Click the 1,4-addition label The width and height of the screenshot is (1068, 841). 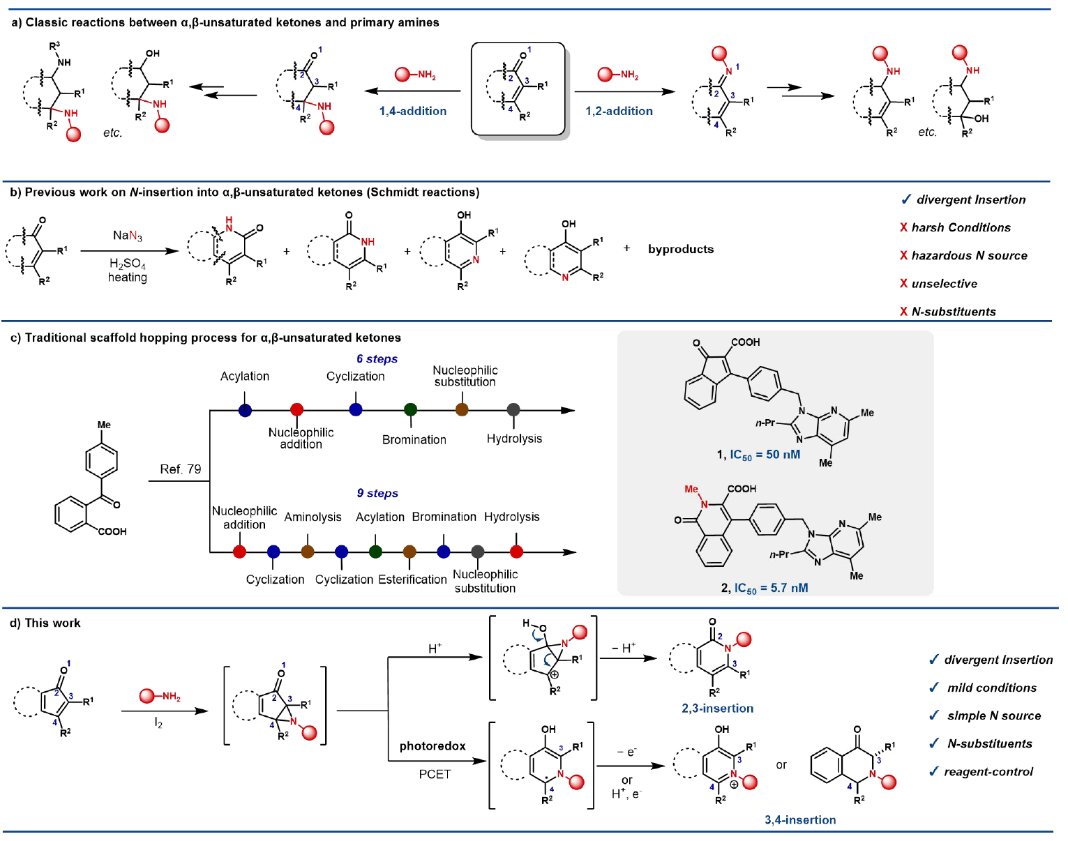(x=413, y=111)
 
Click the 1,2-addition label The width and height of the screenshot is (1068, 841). (x=619, y=111)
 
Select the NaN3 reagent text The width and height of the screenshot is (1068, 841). (x=128, y=236)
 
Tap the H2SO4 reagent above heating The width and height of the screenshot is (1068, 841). (x=128, y=264)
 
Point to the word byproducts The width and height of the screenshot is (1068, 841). (x=680, y=249)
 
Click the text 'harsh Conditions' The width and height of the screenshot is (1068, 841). (x=961, y=227)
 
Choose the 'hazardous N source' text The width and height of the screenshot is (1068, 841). (x=969, y=255)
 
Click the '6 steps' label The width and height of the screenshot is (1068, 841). (x=377, y=358)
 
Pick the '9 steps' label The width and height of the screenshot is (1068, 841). (x=377, y=493)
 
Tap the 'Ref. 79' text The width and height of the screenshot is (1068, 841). (x=181, y=469)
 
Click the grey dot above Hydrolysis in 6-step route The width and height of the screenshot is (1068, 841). (x=513, y=410)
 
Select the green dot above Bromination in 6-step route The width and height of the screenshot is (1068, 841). (x=410, y=410)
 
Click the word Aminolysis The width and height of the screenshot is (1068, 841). (x=313, y=517)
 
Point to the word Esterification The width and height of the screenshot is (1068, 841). (x=412, y=579)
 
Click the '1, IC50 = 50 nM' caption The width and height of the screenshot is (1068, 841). (x=758, y=455)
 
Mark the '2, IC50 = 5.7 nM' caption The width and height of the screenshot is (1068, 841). (x=765, y=588)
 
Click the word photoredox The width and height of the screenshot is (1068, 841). (x=433, y=746)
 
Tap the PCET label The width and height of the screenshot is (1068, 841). (x=435, y=774)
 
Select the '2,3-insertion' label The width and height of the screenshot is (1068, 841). (x=717, y=709)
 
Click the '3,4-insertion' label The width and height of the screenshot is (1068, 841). (x=800, y=820)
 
